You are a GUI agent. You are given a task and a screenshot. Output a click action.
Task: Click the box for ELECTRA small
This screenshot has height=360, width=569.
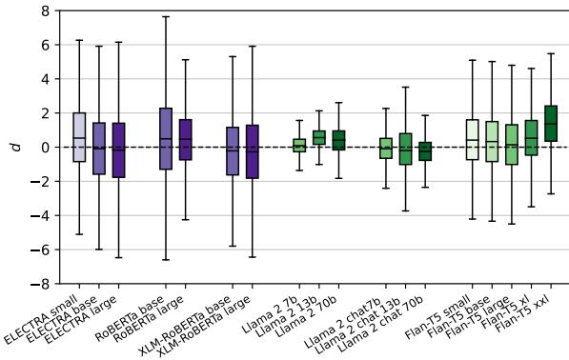click(79, 137)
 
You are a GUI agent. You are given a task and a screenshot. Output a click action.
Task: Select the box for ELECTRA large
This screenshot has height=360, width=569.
click(118, 150)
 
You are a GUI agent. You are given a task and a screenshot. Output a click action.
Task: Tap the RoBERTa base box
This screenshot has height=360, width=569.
click(166, 139)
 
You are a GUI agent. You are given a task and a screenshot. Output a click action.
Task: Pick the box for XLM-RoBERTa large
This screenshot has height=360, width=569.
click(252, 151)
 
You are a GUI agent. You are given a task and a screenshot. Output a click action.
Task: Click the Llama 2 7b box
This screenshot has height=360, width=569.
click(299, 146)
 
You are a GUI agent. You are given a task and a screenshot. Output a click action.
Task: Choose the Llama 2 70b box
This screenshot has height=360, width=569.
click(338, 141)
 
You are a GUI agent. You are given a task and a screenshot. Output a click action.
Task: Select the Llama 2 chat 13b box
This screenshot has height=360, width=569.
click(405, 149)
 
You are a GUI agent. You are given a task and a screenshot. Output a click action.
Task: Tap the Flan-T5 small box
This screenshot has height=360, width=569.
click(472, 139)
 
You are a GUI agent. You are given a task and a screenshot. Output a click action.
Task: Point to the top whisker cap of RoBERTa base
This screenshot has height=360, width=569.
click(166, 16)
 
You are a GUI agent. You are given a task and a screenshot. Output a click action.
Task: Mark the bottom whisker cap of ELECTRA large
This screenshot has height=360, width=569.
click(118, 257)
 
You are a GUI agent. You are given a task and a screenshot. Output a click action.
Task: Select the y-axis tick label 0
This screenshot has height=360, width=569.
click(44, 148)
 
